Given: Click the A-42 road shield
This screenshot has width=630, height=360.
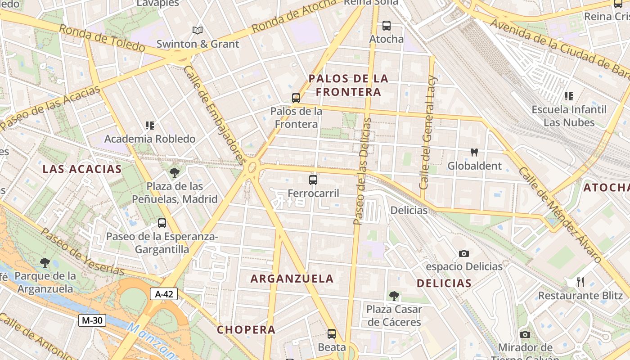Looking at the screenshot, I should pyautogui.click(x=164, y=294).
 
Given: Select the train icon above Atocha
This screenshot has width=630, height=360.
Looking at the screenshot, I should pyautogui.click(x=386, y=26).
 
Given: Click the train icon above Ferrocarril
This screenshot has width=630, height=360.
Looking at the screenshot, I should pyautogui.click(x=313, y=180).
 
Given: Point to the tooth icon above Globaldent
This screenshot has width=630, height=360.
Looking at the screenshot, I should pyautogui.click(x=474, y=153).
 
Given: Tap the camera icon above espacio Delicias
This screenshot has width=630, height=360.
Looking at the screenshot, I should pyautogui.click(x=464, y=254).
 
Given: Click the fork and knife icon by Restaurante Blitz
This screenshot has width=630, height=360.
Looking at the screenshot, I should pyautogui.click(x=580, y=282).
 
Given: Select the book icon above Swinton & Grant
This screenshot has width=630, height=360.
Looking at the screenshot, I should pyautogui.click(x=198, y=31).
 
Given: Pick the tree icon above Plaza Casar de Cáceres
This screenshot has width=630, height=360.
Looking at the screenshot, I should pyautogui.click(x=394, y=296).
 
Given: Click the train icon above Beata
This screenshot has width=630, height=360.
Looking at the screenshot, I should pyautogui.click(x=332, y=334).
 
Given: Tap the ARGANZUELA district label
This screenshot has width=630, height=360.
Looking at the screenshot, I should pyautogui.click(x=292, y=279).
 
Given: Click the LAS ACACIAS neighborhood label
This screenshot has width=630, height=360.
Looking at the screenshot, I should pyautogui.click(x=82, y=169).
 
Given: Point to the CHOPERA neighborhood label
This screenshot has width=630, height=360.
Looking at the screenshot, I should pyautogui.click(x=246, y=329).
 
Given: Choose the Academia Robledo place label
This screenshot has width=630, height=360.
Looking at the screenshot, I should pyautogui.click(x=150, y=139).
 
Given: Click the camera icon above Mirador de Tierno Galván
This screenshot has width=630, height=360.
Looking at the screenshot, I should pyautogui.click(x=525, y=335).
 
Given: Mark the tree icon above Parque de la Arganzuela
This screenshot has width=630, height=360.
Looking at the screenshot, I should pyautogui.click(x=45, y=262).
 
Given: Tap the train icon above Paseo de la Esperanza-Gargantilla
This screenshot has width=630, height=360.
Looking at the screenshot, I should pyautogui.click(x=162, y=223).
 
